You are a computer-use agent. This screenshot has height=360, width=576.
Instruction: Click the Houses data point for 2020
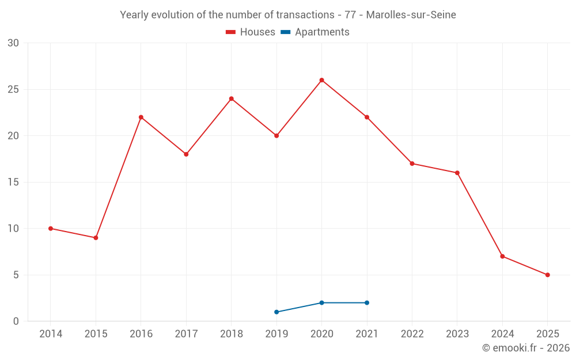point(321,80)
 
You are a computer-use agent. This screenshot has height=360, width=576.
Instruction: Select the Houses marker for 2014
point(51,229)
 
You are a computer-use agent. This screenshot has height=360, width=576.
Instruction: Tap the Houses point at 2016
point(141,118)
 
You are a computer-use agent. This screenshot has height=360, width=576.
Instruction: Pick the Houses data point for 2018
point(232,98)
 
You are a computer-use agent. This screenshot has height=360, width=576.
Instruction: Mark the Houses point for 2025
point(547,275)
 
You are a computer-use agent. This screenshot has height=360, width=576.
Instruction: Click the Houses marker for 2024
point(502,256)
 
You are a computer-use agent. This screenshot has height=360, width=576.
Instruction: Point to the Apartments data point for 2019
point(276,312)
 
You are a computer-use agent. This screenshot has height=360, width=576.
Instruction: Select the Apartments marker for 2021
point(367,303)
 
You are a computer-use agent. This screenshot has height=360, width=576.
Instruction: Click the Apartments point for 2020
point(321,303)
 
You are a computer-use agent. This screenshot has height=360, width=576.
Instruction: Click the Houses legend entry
point(251,32)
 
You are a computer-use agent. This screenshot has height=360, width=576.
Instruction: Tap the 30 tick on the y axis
point(13,43)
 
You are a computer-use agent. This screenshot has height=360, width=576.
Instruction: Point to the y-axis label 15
point(13,182)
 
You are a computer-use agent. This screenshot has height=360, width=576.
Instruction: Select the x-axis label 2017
point(186,334)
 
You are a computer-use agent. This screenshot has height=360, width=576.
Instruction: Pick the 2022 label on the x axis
point(412,334)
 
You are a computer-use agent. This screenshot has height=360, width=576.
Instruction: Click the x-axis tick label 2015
point(96,334)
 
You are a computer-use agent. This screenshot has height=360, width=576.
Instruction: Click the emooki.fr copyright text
point(525,348)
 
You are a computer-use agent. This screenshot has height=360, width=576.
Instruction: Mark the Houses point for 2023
point(457,173)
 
